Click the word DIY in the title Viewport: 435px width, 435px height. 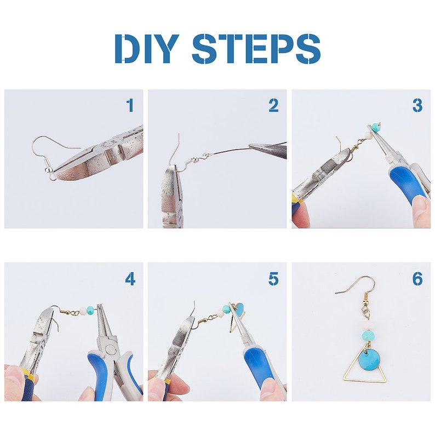coord(147,48)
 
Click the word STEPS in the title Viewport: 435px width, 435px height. coord(256,48)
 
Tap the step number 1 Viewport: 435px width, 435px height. coord(130,105)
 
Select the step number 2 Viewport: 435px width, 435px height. coord(273,105)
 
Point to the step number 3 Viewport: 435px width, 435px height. coord(417,105)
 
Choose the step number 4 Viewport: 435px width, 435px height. coord(130,278)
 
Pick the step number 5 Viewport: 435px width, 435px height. coord(273,278)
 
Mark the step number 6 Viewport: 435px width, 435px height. coord(417,278)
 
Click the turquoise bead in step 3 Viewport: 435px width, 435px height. coord(376,127)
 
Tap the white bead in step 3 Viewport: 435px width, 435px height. coord(368,136)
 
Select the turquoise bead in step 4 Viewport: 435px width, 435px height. coord(91,310)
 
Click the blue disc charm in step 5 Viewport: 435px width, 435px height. coord(238,308)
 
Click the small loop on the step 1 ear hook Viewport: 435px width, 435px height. coord(52,176)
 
